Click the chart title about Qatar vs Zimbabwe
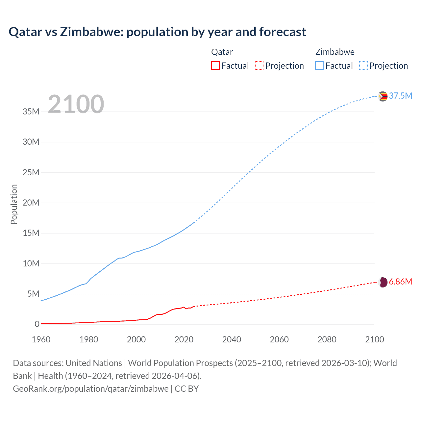coord(157,32)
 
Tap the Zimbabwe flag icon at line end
coord(383,96)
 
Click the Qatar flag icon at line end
coord(383,282)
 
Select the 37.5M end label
coord(400,96)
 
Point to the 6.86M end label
coord(400,282)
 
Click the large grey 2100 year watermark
coord(76,104)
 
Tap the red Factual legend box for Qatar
coord(215,65)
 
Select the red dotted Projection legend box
coord(259,65)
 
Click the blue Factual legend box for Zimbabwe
coord(319,65)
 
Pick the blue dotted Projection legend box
coord(363,65)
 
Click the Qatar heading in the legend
coord(222,52)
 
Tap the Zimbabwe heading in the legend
coord(335,52)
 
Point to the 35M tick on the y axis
coord(31,111)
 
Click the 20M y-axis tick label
coord(31,203)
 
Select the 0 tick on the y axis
coord(37,324)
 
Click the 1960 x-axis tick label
coord(41,339)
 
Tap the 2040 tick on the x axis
coord(232,339)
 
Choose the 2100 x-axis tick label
coord(374,339)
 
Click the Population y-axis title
coord(14,204)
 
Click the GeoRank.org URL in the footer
coord(90,389)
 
